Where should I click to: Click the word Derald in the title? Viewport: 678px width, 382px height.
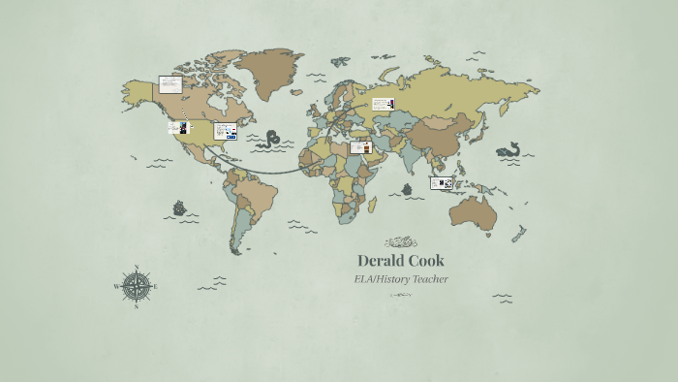click(380, 261)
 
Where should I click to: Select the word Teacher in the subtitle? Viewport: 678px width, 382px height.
click(429, 279)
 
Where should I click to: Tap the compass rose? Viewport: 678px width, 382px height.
click(137, 286)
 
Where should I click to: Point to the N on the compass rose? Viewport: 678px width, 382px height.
click(137, 268)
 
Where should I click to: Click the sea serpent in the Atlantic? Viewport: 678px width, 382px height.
click(273, 138)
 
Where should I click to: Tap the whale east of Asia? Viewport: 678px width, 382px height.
click(509, 150)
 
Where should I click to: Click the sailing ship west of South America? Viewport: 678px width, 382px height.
click(179, 207)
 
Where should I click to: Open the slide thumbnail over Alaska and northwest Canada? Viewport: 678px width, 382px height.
click(170, 83)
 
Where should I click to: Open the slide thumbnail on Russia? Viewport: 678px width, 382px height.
click(383, 104)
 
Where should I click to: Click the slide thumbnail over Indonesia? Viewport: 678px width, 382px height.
click(443, 182)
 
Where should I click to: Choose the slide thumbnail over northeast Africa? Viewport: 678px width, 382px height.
click(361, 147)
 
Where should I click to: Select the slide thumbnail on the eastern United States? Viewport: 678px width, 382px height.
click(226, 130)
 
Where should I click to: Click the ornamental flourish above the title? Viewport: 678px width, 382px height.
click(401, 242)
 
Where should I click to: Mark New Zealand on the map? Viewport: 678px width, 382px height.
click(518, 234)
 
